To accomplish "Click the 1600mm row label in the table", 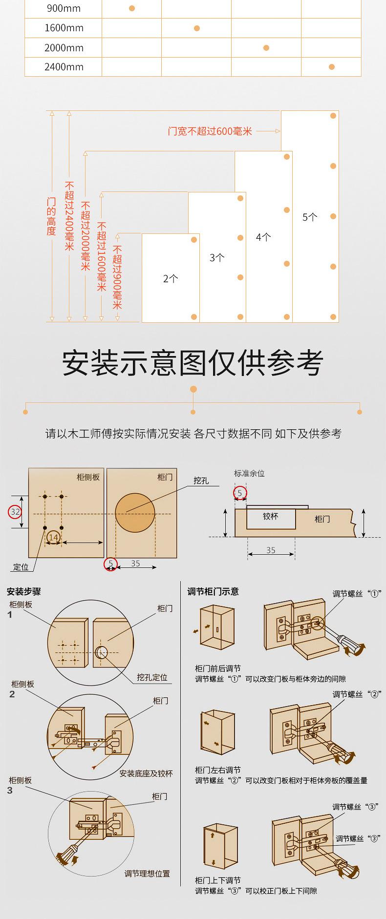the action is [64, 28].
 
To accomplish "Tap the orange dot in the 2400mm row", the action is [332, 67].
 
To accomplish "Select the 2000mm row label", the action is [64, 48].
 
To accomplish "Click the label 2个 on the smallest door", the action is [171, 279].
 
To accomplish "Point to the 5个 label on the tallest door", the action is [310, 217].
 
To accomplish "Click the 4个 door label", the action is [263, 237].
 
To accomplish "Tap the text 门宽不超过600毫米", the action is [210, 131].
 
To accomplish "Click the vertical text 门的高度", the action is [51, 216].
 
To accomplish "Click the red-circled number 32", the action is [15, 512].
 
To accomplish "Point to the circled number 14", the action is [54, 538].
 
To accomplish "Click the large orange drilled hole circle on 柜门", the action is [135, 512].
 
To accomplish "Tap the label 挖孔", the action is [201, 480].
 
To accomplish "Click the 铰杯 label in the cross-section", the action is [270, 516].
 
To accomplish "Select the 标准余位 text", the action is [249, 473].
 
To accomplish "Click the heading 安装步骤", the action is [24, 591].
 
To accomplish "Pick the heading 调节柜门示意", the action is [213, 591].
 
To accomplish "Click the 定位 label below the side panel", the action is [21, 567].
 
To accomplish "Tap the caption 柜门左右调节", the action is [217, 770].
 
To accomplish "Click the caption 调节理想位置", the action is [147, 874].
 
